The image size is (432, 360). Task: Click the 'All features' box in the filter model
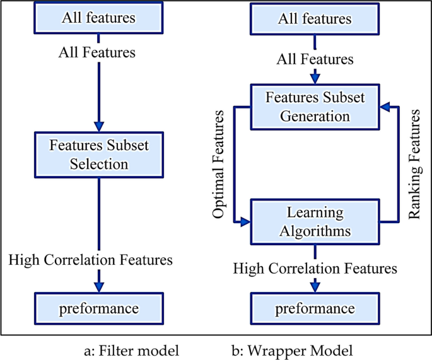(x=98, y=18)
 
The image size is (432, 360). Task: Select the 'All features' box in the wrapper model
(x=315, y=19)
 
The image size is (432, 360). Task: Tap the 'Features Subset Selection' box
(x=98, y=154)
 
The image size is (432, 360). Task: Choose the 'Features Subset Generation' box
(x=315, y=107)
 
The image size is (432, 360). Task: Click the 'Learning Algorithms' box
(x=315, y=221)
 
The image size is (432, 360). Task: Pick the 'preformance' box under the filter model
(x=98, y=309)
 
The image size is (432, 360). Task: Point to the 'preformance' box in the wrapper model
(x=315, y=309)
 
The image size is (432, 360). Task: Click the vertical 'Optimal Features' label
(x=218, y=165)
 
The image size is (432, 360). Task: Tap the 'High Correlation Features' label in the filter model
(x=91, y=259)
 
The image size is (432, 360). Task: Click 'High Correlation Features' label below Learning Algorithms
(x=315, y=269)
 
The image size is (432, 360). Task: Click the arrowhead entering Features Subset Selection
(x=98, y=124)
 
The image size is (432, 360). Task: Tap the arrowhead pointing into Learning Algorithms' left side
(x=245, y=221)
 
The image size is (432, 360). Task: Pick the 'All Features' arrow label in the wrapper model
(x=315, y=60)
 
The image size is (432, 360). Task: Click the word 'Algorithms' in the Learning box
(x=315, y=231)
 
